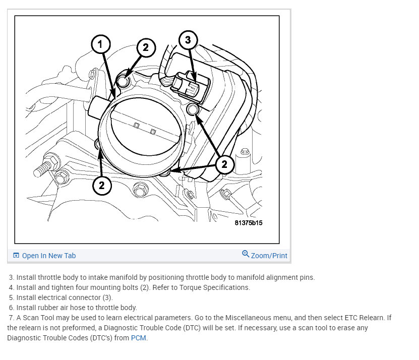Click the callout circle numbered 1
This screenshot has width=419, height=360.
pos(100,44)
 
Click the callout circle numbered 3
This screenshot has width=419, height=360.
pos(188,40)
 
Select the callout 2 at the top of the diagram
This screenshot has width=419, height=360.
pos(145,47)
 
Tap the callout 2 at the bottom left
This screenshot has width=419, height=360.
pos(101,185)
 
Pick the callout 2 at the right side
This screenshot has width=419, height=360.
pos(224,163)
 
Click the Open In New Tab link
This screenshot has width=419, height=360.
pos(48,256)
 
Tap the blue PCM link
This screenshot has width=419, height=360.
pos(139,338)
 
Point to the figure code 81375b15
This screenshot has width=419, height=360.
pos(249,222)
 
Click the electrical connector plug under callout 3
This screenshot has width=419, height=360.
pos(187,85)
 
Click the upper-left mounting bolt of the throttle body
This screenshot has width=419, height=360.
pos(124,79)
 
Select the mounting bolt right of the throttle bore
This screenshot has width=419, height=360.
pos(192,110)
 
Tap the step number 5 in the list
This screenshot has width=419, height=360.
pos(11,297)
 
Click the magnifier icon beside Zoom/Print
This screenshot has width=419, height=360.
pos(246,254)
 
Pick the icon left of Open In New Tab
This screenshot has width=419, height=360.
pos(16,256)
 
